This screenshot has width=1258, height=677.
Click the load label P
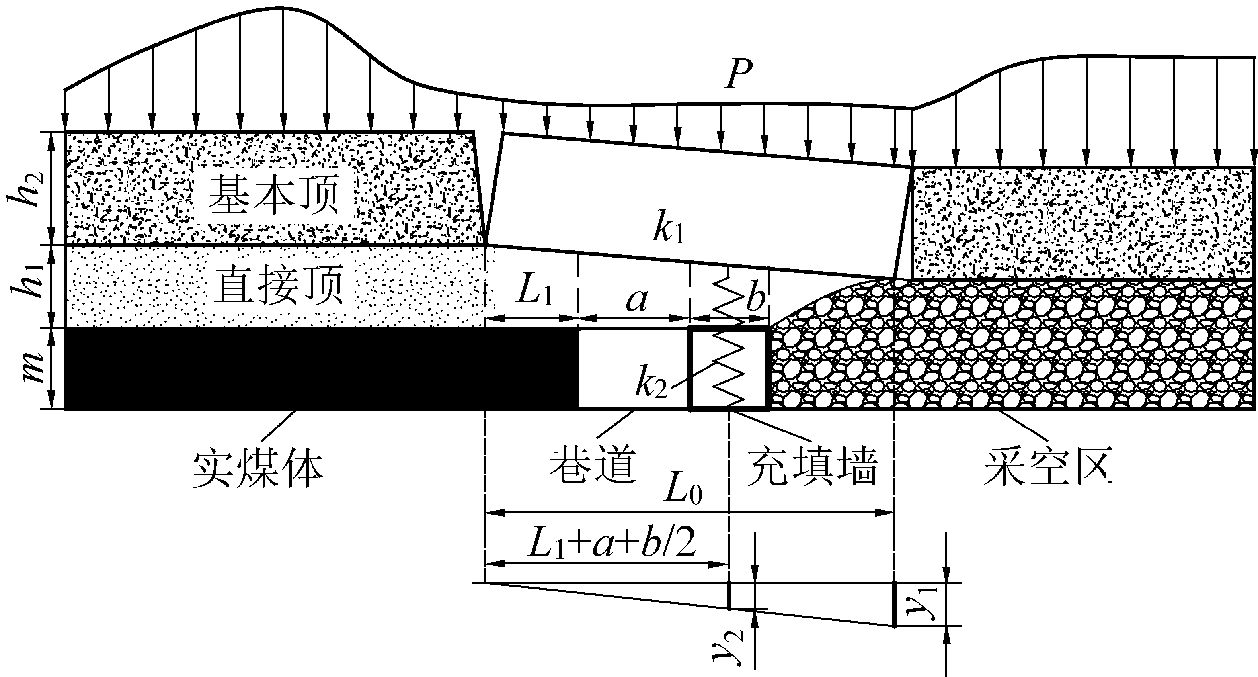click(738, 75)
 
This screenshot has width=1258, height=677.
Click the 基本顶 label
click(273, 195)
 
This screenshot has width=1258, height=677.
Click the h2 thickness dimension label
click(28, 189)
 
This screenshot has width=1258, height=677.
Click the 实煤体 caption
click(258, 468)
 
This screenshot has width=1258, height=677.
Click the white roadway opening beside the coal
click(633, 368)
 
